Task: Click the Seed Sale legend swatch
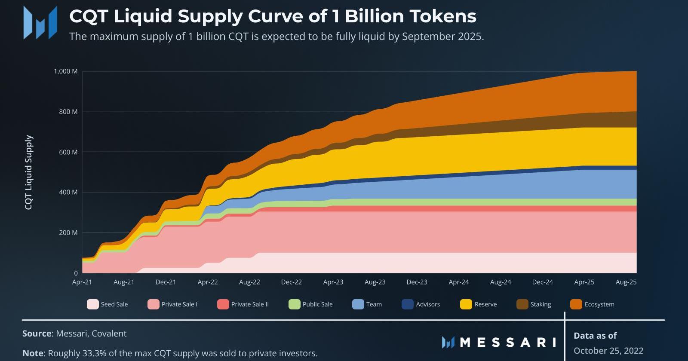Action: point(92,304)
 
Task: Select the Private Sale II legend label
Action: point(250,304)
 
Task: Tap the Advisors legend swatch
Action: point(407,304)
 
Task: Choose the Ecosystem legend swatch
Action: point(576,304)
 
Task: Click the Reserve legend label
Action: point(485,304)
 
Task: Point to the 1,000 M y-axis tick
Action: point(66,71)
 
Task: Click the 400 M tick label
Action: point(69,192)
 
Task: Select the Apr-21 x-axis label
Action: point(82,282)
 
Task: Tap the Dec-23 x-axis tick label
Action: point(417,282)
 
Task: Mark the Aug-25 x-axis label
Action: point(626,282)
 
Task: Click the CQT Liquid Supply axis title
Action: point(29,172)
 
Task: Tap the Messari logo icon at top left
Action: point(40,22)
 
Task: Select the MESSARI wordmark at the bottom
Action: point(508,342)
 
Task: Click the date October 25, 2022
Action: point(608,351)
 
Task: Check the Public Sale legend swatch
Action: point(294,304)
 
